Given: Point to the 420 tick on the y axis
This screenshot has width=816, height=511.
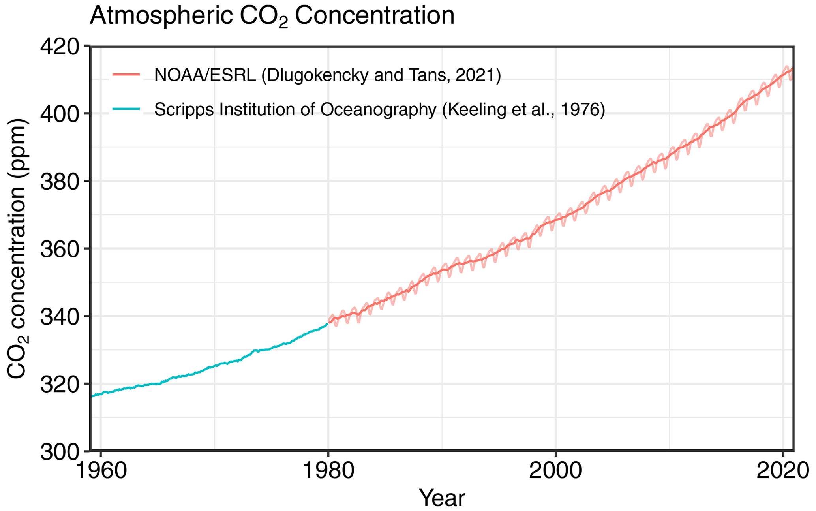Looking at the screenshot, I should [59, 46].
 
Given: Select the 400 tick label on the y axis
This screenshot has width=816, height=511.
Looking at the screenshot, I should [59, 114].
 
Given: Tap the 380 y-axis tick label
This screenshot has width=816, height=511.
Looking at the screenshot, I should [59, 181].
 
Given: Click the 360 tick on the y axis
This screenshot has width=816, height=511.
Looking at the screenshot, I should [59, 249].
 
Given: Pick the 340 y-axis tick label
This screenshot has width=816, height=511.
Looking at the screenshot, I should [59, 316].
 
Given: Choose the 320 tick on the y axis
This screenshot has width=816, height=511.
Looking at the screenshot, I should [59, 384].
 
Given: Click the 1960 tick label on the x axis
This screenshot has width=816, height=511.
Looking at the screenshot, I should [101, 471].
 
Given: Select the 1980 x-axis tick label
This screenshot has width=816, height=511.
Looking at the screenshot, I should [328, 471].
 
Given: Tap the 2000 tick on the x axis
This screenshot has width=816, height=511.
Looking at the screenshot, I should [555, 471].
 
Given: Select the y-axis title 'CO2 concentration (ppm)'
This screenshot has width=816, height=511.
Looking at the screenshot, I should [17, 249].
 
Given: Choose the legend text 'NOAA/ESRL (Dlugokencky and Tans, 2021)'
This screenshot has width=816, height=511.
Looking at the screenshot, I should [328, 75].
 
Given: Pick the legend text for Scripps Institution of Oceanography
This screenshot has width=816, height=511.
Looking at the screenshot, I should [379, 110].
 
